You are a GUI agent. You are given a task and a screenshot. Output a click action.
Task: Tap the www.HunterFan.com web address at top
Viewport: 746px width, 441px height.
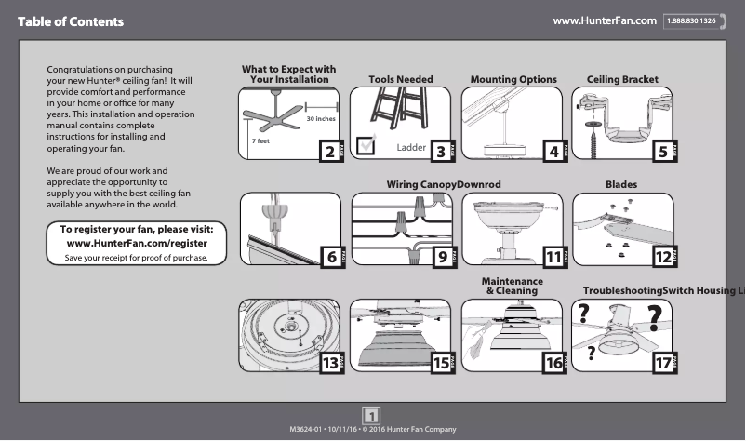(605, 21)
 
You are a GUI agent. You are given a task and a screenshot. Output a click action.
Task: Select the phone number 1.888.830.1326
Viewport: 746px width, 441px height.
(694, 21)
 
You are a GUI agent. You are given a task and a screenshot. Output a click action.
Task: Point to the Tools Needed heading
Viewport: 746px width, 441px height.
(400, 80)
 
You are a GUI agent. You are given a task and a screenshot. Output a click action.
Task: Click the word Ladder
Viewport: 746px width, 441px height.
(410, 148)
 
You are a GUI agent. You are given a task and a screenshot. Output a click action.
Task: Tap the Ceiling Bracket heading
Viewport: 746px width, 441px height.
(622, 80)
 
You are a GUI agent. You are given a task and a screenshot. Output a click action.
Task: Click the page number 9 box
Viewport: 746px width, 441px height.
(442, 257)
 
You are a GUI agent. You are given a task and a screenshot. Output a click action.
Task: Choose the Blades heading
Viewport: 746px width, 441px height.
(621, 185)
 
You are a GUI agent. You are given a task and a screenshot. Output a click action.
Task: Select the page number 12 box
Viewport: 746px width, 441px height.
(661, 257)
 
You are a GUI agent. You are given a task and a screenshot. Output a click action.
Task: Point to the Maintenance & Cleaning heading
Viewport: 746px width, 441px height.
(512, 286)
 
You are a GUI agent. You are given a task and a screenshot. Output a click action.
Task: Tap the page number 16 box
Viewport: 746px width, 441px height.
(553, 364)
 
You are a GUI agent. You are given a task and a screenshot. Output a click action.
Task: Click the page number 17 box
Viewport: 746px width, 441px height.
(661, 364)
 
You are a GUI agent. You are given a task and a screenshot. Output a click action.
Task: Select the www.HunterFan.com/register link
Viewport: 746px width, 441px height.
(138, 243)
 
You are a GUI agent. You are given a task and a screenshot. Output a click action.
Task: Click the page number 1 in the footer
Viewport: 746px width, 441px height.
(371, 415)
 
